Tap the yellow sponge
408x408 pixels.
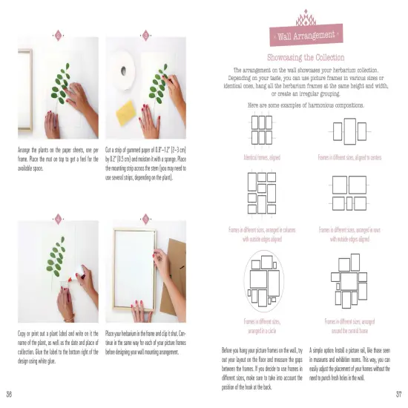131,111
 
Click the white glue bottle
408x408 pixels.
79,280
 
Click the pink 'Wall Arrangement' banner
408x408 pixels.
306,35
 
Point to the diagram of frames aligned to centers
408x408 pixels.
349,132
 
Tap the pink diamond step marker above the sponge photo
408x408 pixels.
145,34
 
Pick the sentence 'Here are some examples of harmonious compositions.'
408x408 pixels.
306,105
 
